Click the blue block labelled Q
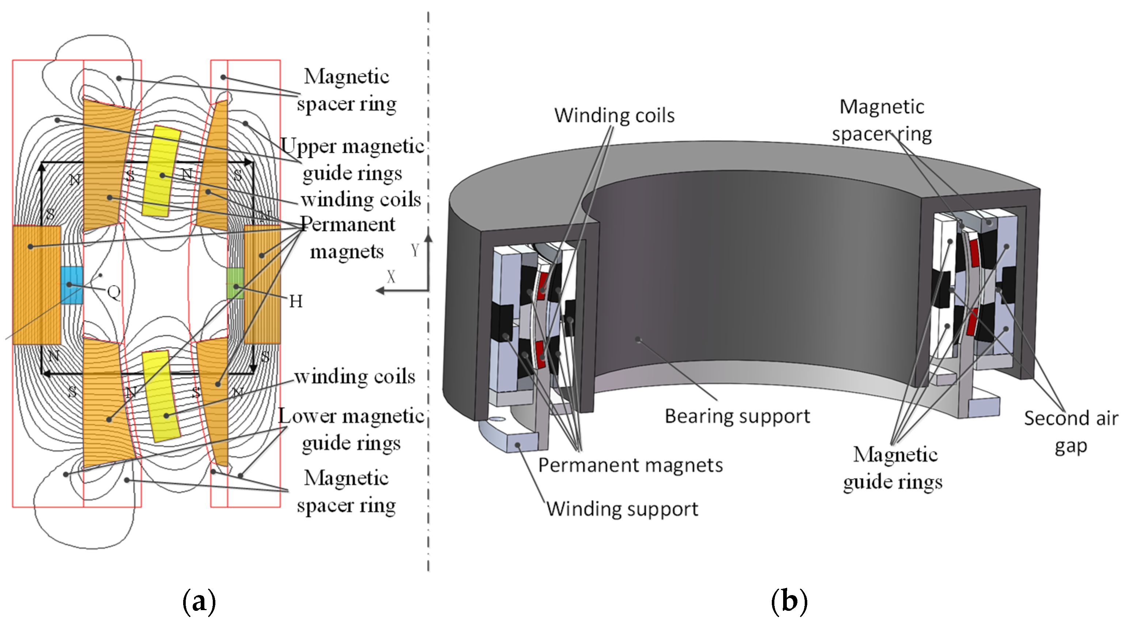pos(71,285)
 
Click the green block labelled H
pos(235,283)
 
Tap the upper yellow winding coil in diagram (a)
pos(161,171)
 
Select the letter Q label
pos(114,292)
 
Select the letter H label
pos(296,301)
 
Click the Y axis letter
pos(415,250)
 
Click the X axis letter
pos(391,276)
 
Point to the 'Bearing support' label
pos(737,416)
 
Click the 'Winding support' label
pos(622,509)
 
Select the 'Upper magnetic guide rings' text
pos(352,159)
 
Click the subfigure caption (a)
pos(199,601)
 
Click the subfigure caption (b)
pos(789,601)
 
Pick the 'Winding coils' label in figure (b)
pos(614,115)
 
